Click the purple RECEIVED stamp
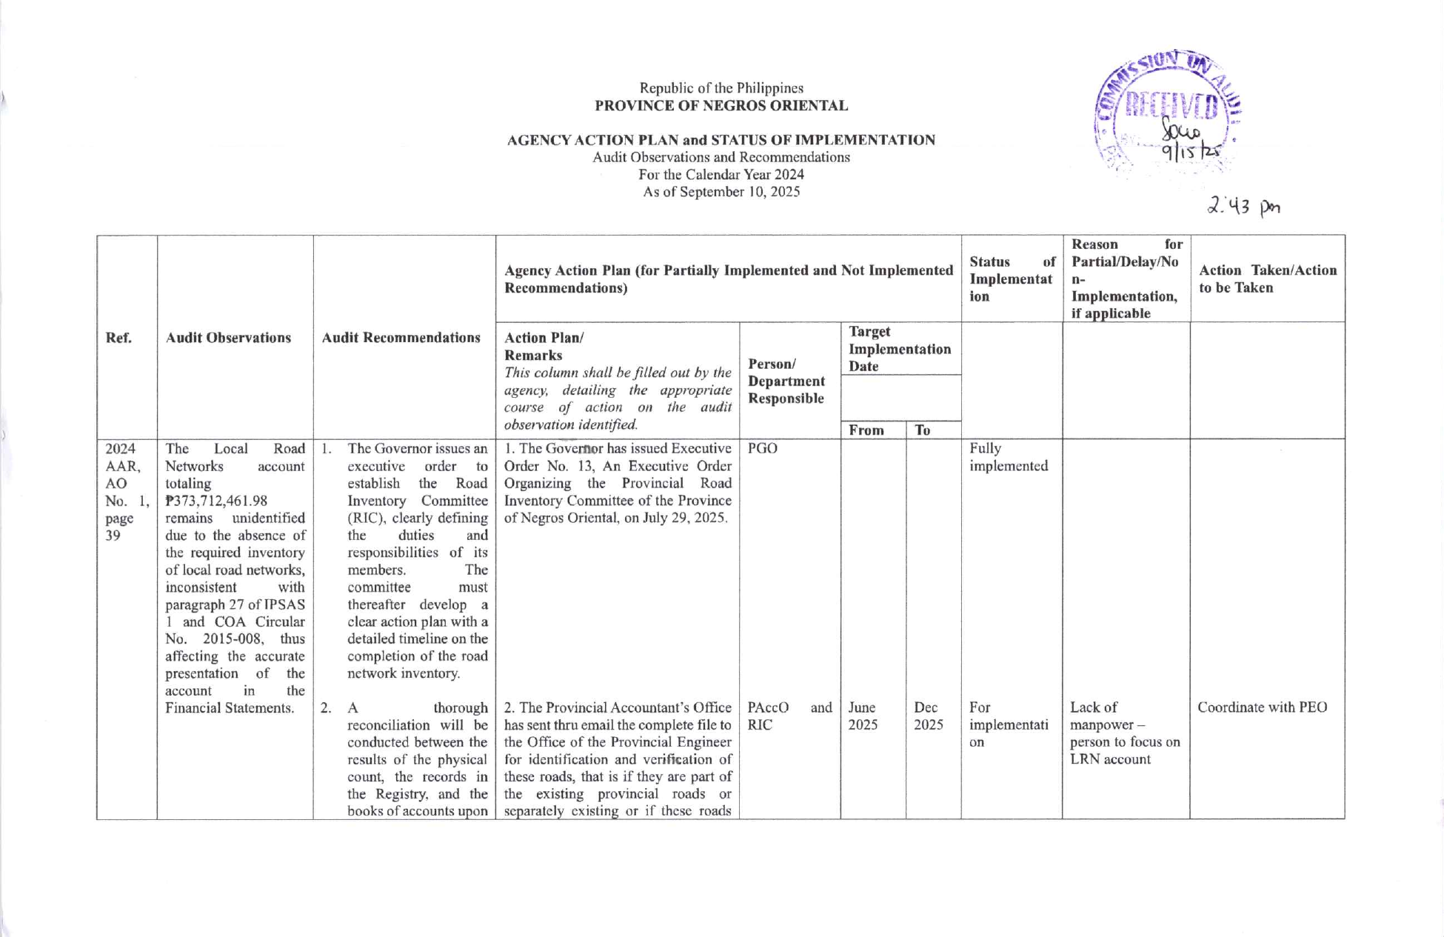(1168, 111)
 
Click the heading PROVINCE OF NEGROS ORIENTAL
(721, 106)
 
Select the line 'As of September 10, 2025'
(721, 192)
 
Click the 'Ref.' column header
(118, 338)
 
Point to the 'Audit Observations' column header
(228, 338)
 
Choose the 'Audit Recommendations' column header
(401, 338)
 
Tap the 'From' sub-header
(866, 430)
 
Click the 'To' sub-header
(923, 430)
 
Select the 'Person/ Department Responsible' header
(786, 381)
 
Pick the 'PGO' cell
(763, 449)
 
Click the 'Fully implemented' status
(1008, 457)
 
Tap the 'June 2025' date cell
(863, 716)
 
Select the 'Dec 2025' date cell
(928, 716)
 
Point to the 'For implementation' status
(1008, 724)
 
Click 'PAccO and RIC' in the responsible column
(789, 716)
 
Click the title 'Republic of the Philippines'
(721, 88)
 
